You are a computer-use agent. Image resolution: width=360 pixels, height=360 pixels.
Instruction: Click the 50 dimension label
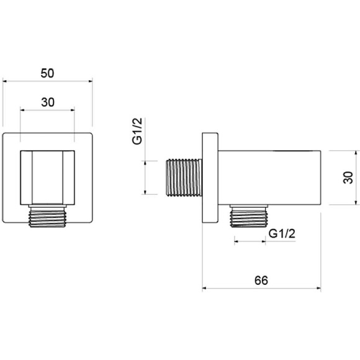47,73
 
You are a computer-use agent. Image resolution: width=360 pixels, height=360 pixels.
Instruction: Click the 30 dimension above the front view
48,102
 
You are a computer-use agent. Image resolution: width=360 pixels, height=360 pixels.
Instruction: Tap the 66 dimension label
261,281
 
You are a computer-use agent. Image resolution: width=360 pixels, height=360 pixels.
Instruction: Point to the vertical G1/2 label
137,131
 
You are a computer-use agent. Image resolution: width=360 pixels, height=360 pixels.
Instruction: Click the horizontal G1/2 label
282,234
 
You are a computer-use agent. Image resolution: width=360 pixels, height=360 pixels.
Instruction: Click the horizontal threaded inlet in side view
184,178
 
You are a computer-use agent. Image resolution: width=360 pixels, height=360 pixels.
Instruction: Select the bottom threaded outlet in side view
249,216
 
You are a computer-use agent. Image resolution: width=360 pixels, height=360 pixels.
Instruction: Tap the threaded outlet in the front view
47,216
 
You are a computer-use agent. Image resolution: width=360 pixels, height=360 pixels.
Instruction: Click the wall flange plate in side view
210,178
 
